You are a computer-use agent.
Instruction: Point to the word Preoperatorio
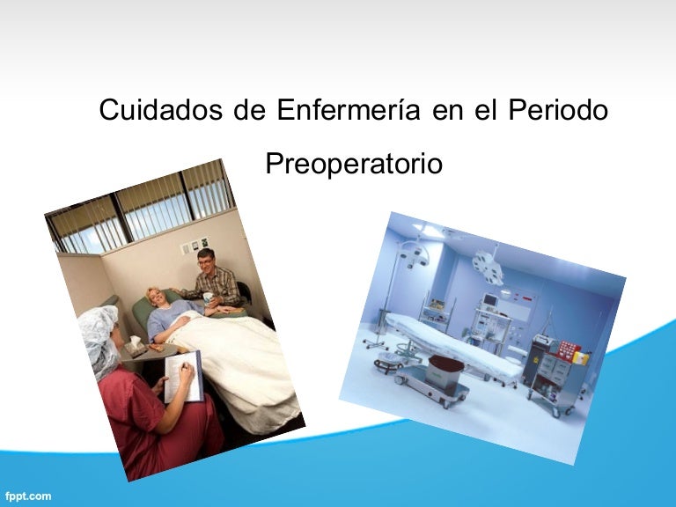[x=354, y=164]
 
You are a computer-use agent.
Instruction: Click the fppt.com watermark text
[x=26, y=496]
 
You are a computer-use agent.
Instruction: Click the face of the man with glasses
[x=206, y=261]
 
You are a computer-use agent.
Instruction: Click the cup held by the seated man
[x=209, y=298]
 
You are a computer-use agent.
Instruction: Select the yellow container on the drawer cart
[x=581, y=357]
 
